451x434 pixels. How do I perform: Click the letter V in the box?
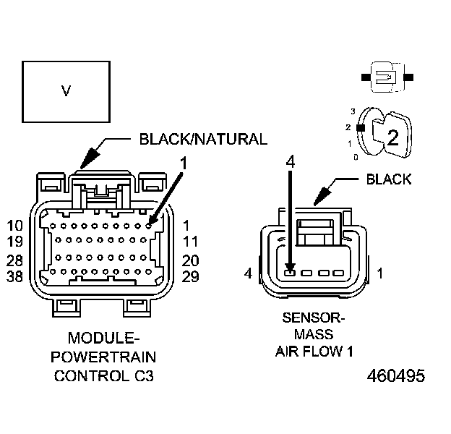[x=66, y=91]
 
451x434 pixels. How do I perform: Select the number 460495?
[x=395, y=376]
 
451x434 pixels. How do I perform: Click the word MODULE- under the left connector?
[x=104, y=339]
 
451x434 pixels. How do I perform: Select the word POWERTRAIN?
[x=104, y=357]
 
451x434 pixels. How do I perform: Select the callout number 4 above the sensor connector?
[x=290, y=162]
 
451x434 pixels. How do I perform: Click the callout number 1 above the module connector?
[x=184, y=163]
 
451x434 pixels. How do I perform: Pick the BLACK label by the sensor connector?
[x=388, y=179]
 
